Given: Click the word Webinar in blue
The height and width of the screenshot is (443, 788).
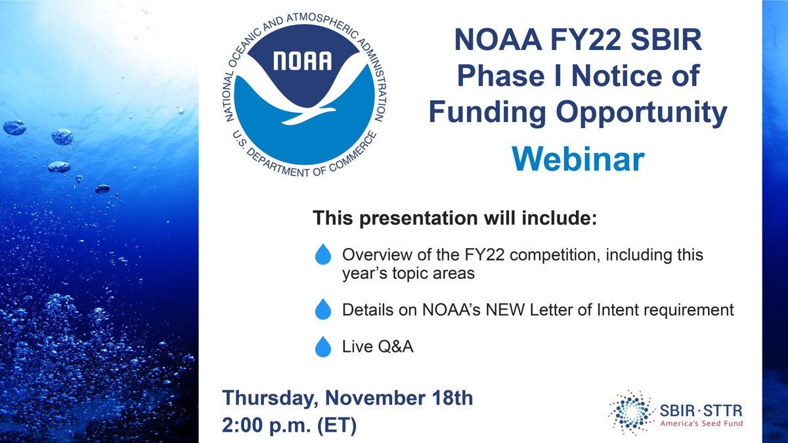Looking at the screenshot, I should (x=577, y=160).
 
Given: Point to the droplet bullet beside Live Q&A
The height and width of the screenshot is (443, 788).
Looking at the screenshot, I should (x=323, y=347).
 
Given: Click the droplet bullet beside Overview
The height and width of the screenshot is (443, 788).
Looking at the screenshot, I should (x=323, y=255).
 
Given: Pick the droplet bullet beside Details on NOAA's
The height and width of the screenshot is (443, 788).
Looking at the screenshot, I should (x=323, y=310).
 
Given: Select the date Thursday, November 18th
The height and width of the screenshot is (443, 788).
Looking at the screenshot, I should (x=347, y=397).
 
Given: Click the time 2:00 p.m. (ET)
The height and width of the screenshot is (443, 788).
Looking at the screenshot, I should (x=290, y=425).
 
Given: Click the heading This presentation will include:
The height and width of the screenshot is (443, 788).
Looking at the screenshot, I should (x=454, y=217).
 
